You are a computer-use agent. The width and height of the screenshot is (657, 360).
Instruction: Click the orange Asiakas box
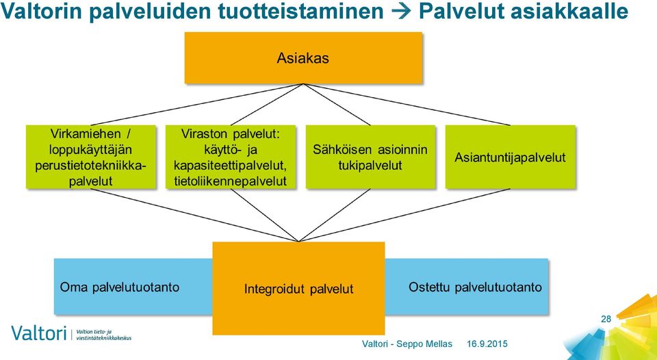[x=303, y=58]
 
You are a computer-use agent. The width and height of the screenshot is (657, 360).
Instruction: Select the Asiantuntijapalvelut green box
[x=510, y=157]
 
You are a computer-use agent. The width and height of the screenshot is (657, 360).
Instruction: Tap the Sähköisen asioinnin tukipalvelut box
[x=370, y=157]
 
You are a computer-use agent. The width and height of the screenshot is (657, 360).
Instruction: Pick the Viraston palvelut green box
[x=231, y=157]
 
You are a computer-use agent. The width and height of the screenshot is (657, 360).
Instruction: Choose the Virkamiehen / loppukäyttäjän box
[x=91, y=157]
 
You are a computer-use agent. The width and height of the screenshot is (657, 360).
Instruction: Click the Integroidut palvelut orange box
[x=299, y=288]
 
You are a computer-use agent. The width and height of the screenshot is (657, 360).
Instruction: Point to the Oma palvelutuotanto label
[x=120, y=287]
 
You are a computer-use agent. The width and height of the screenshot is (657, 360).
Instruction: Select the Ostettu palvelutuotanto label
[x=475, y=287]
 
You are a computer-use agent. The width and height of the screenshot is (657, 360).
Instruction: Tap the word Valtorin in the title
[x=42, y=12]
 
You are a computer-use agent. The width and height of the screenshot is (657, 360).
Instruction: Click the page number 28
[x=606, y=319]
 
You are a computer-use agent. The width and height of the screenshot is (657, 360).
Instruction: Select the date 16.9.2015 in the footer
[x=487, y=344]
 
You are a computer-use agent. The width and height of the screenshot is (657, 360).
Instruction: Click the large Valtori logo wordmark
[x=39, y=333]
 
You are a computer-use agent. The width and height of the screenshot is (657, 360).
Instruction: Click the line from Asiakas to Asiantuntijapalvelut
[x=407, y=104]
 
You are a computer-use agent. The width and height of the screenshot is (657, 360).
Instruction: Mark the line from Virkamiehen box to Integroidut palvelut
[x=195, y=215]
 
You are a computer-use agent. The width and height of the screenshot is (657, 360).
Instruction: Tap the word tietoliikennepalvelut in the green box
[x=231, y=181]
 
